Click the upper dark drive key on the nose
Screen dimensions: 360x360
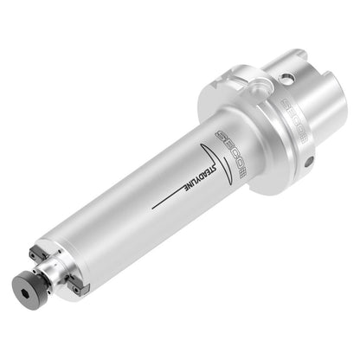tap(39, 253)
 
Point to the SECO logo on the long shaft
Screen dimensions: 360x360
tap(231, 154)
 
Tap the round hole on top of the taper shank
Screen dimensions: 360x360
tap(286, 79)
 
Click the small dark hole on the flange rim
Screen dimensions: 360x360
tap(309, 163)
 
